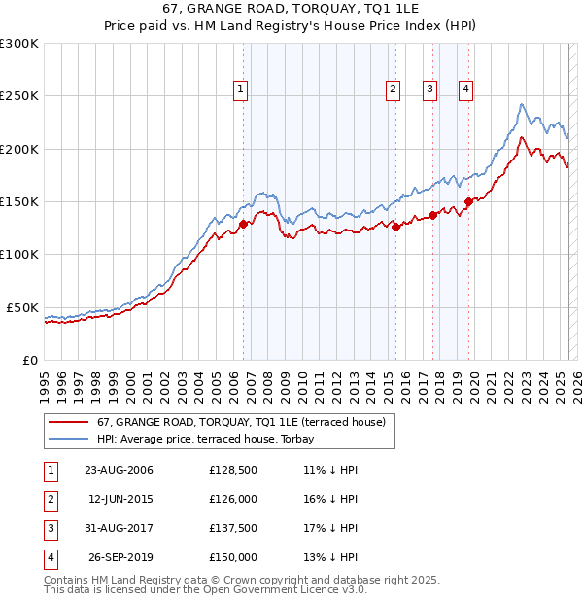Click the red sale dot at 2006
click(243, 225)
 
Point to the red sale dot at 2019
click(468, 201)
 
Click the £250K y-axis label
click(19, 96)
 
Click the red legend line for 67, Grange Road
click(68, 422)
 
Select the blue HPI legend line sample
click(68, 439)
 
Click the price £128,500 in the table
click(233, 471)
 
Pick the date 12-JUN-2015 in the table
click(120, 500)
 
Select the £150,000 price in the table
click(233, 558)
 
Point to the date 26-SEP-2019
click(120, 558)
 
